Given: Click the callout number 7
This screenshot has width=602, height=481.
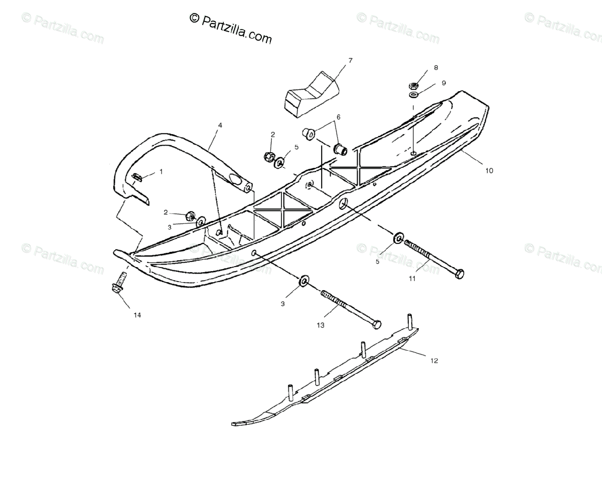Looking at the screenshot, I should pyautogui.click(x=350, y=61).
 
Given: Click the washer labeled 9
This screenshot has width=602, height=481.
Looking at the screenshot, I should pyautogui.click(x=414, y=95).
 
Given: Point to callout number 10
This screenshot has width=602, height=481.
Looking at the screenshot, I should pyautogui.click(x=489, y=170).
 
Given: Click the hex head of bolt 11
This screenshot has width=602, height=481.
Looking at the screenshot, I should pyautogui.click(x=459, y=274).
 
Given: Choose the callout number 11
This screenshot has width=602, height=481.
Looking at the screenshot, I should pyautogui.click(x=412, y=279).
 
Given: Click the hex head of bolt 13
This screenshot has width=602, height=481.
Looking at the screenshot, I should pyautogui.click(x=376, y=324).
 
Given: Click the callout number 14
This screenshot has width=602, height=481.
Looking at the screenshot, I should pyautogui.click(x=137, y=315).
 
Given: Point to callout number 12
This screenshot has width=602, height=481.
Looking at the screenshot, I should pyautogui.click(x=434, y=360).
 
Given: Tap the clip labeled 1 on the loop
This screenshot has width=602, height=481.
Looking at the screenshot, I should pyautogui.click(x=137, y=176).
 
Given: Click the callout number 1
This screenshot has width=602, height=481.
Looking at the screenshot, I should pyautogui.click(x=161, y=171).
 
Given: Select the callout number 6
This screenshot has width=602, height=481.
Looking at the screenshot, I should pyautogui.click(x=338, y=117).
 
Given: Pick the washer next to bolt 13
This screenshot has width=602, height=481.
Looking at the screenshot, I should pyautogui.click(x=304, y=281).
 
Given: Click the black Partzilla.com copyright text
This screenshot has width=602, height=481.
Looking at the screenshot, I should pyautogui.click(x=231, y=28).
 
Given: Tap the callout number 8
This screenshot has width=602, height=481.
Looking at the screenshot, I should pyautogui.click(x=435, y=67).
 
